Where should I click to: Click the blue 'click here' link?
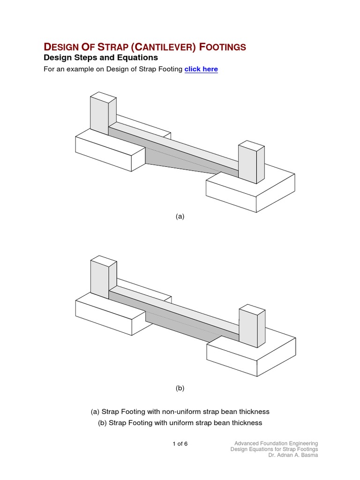coord(201,69)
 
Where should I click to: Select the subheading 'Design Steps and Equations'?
coord(101,58)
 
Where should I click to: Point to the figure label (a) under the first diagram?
coord(180,216)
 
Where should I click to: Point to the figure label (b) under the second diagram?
coord(180,388)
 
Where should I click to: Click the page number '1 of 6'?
coord(180,443)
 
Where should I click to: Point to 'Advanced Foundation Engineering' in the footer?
coord(276,443)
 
